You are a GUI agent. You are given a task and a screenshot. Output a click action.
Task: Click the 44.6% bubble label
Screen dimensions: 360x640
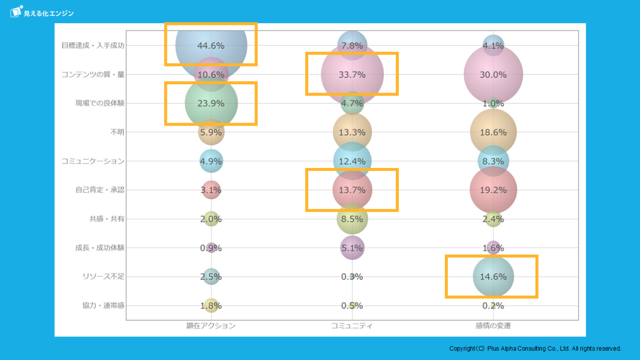211,46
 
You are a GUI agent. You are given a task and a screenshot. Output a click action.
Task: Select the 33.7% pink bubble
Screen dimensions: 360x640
352,74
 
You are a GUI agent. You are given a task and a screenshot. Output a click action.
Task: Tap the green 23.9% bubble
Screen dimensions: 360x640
211,103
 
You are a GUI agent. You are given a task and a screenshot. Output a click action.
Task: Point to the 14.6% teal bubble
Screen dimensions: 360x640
493,277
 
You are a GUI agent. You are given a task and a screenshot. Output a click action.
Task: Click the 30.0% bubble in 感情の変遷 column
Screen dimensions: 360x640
493,74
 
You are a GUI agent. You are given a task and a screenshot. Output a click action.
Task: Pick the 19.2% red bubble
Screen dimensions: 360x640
493,190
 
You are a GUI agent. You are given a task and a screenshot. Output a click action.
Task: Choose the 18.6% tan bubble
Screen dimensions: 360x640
493,132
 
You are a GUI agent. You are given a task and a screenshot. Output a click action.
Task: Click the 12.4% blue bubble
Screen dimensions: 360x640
352,161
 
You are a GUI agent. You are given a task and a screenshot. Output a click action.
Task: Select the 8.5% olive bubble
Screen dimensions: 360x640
352,219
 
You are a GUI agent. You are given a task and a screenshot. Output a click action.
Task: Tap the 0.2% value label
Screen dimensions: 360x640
493,306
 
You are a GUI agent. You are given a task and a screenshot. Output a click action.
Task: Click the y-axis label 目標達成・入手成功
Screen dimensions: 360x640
93,45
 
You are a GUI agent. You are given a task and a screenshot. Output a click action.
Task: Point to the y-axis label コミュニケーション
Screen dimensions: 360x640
93,161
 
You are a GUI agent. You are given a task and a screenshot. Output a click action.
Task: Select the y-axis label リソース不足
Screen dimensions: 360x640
103,277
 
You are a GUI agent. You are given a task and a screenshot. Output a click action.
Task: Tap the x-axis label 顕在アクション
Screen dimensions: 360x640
211,326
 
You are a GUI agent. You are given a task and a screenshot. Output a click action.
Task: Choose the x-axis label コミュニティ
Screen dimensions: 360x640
352,326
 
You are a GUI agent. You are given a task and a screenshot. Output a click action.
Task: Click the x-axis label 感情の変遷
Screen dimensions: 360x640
493,326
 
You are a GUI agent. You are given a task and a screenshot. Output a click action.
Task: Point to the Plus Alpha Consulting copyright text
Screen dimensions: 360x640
535,349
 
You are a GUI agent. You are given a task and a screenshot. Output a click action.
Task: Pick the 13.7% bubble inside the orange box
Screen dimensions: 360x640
352,190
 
